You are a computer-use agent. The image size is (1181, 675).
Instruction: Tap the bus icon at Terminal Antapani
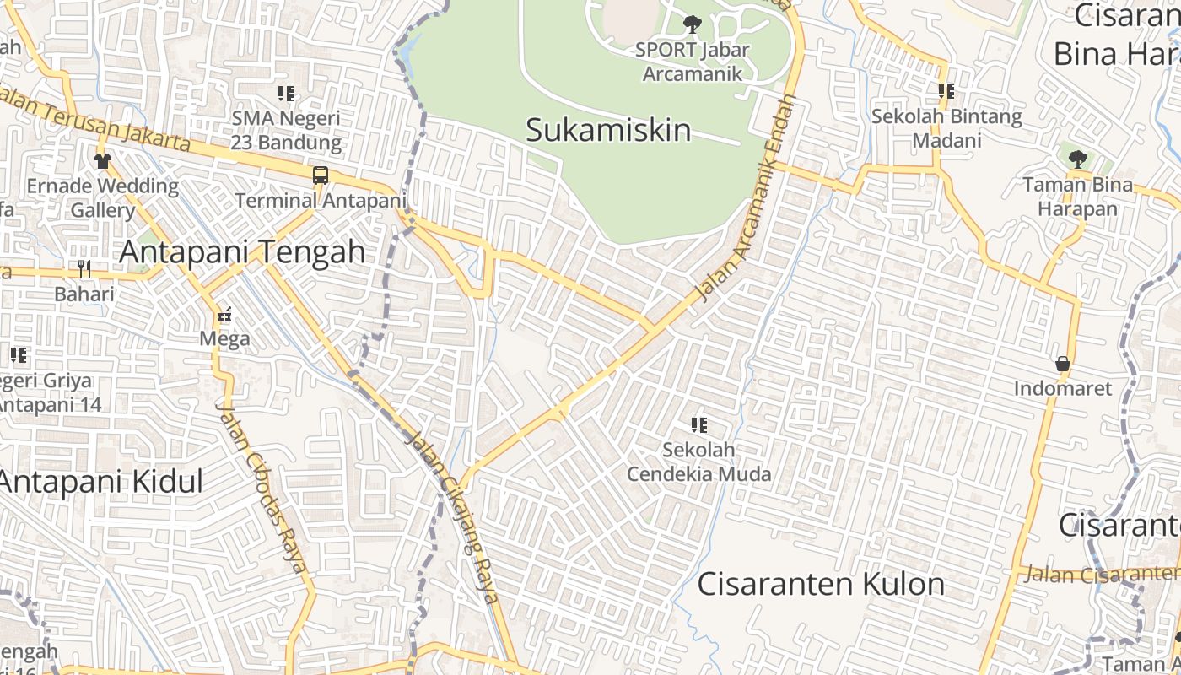pos(321,175)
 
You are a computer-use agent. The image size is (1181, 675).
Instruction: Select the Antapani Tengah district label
pos(243,251)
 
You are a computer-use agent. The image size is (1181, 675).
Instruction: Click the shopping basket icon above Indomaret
pos(1062,364)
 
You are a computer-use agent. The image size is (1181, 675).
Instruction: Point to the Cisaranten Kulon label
pos(821,584)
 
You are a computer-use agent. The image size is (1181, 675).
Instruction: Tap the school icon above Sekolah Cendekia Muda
pos(698,425)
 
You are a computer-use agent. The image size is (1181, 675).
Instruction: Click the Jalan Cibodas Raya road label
pos(262,487)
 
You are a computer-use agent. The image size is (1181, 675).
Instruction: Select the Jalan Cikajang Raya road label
pos(453,516)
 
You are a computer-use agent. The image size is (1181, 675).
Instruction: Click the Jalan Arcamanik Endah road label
pos(747,198)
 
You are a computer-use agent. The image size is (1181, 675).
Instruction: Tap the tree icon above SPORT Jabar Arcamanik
pos(692,24)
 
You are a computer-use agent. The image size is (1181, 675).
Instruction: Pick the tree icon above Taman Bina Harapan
pos(1077,159)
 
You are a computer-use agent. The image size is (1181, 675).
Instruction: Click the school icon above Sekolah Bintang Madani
pos(946,90)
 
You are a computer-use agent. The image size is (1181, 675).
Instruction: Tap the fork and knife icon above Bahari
pos(84,269)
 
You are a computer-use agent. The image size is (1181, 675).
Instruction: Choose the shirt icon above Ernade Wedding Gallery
pos(102,160)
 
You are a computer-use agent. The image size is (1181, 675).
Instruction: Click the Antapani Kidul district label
pos(101,481)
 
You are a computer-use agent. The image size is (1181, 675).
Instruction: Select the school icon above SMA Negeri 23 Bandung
pos(286,93)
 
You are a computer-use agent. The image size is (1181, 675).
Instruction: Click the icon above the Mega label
pos(224,315)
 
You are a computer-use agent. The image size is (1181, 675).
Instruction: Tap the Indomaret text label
pos(1063,389)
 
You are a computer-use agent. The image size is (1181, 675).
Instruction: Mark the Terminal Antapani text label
pos(321,201)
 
